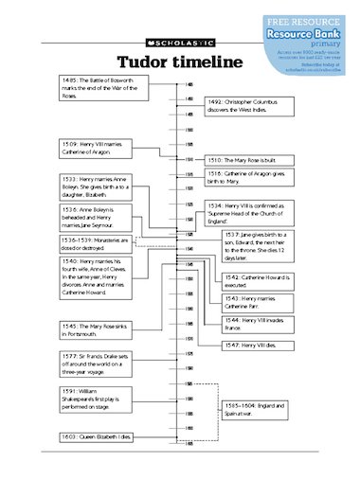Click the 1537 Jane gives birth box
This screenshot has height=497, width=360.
click(x=258, y=242)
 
